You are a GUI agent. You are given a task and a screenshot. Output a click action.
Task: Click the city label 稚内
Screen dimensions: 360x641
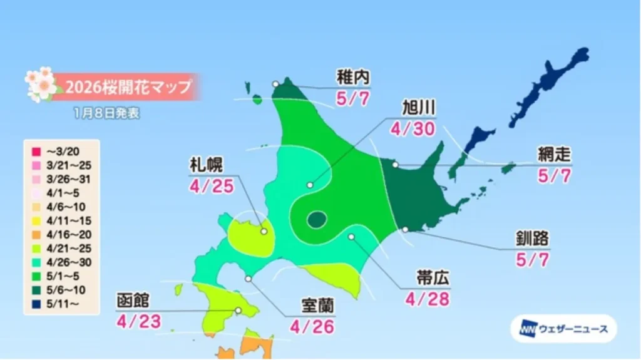(x=353, y=78)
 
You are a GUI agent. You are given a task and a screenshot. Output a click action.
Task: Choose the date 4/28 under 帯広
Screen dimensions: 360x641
(x=428, y=299)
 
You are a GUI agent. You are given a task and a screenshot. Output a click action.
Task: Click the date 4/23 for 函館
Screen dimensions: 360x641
(x=139, y=321)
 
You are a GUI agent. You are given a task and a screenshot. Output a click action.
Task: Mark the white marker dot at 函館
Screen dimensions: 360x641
(x=238, y=310)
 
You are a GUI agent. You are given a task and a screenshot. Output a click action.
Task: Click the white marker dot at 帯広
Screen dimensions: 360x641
(x=351, y=237)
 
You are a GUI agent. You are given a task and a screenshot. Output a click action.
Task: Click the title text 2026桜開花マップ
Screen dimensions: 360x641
(x=125, y=86)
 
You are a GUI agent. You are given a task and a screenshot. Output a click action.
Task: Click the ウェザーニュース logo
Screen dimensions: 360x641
(x=563, y=329)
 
